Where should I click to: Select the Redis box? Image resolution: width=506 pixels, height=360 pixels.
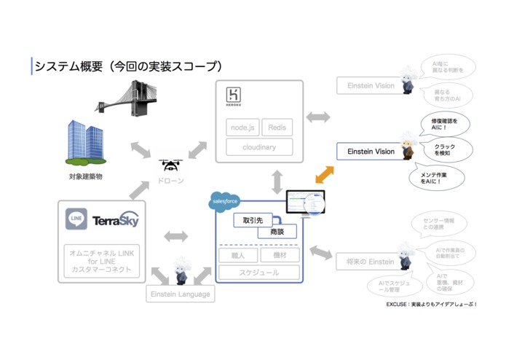[x=277, y=128]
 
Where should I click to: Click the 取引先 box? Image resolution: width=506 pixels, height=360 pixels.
[x=252, y=219]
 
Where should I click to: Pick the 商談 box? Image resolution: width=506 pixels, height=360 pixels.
[x=277, y=231]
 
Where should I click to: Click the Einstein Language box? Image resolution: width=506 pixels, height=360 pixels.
[x=180, y=294]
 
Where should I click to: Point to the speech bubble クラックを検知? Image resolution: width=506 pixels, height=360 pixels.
[x=445, y=150]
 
